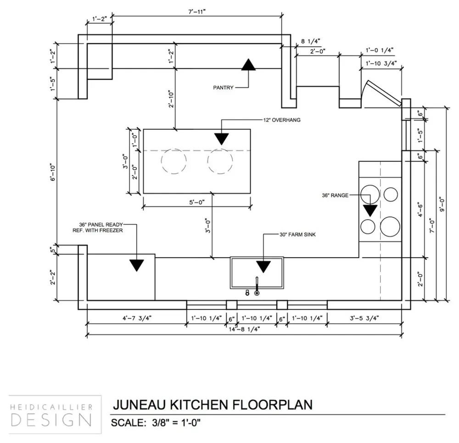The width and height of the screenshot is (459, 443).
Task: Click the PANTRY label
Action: [224, 87]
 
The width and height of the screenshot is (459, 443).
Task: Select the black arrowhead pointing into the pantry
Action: [248, 65]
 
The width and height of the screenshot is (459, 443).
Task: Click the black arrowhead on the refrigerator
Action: [137, 265]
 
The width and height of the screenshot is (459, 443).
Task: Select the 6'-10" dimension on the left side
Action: [54, 172]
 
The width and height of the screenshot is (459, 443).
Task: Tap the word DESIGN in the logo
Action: [50, 420]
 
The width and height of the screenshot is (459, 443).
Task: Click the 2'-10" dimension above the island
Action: [171, 99]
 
